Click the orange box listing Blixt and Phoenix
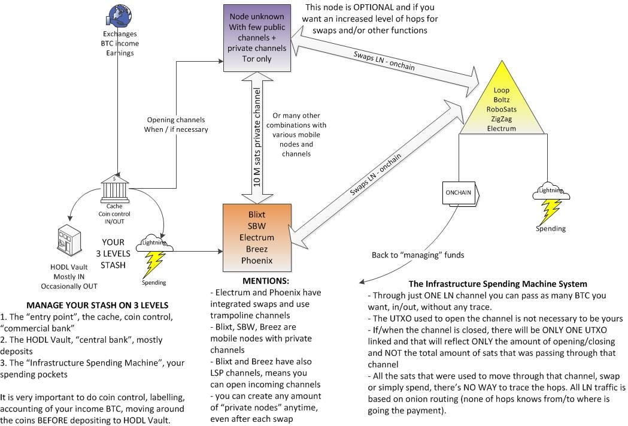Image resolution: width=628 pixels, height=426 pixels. pyautogui.click(x=257, y=237)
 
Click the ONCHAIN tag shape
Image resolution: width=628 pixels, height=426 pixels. pyautogui.click(x=460, y=193)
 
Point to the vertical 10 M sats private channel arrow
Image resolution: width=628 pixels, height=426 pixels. pyautogui.click(x=257, y=137)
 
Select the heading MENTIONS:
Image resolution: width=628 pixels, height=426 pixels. pyautogui.click(x=266, y=280)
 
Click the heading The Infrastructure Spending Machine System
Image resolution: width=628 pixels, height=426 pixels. pyautogui.click(x=497, y=283)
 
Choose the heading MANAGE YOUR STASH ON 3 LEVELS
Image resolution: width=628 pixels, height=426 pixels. pyautogui.click(x=97, y=305)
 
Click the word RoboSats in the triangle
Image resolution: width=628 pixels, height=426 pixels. pyautogui.click(x=501, y=109)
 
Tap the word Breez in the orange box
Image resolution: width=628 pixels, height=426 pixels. pyautogui.click(x=257, y=249)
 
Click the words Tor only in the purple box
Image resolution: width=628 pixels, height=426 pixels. pyautogui.click(x=257, y=59)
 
